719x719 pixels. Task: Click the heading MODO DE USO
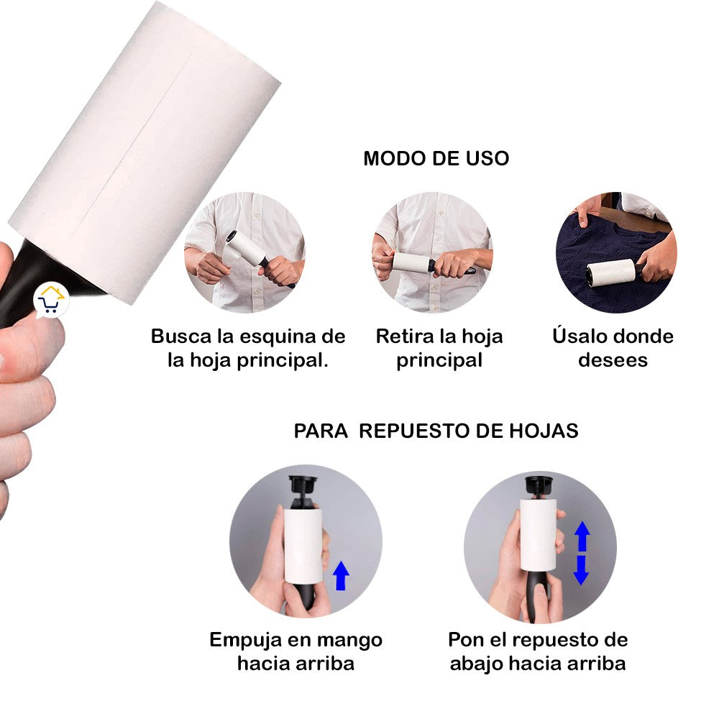coord(436,159)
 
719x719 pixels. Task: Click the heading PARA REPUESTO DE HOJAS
coord(436,431)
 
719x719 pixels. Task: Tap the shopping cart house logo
coord(51,300)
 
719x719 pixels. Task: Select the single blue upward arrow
coord(341,575)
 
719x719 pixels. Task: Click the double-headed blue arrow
coord(582,553)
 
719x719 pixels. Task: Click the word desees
coord(613,360)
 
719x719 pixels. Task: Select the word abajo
coord(476,664)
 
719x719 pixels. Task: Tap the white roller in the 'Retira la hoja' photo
coord(411,262)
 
